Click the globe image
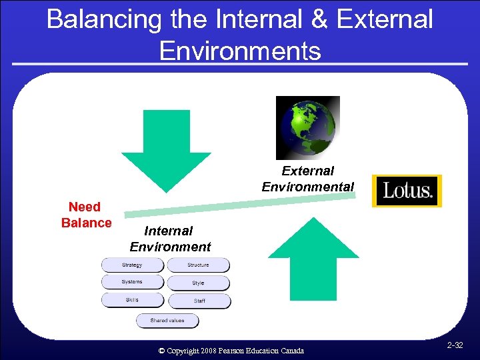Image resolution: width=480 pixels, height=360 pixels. coord(307,128)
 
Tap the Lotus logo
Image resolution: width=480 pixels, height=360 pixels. coord(407,191)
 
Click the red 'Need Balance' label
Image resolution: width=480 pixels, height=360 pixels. coord(86,215)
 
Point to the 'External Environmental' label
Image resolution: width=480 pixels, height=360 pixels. coord(307,179)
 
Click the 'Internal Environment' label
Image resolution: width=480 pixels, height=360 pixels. coord(170,239)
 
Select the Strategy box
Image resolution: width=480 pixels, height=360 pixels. coord(132,265)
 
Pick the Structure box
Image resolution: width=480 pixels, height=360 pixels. coord(198,265)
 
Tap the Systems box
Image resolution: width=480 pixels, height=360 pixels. coord(132,282)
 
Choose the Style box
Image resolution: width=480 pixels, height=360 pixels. coord(198,283)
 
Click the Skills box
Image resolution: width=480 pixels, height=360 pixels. coord(132,300)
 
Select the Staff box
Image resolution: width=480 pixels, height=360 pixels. coord(199,301)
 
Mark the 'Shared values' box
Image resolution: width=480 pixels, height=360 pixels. coord(167,321)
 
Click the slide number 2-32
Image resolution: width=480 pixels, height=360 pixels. coord(456,345)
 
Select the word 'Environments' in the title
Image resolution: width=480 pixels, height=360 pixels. coord(240,50)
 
